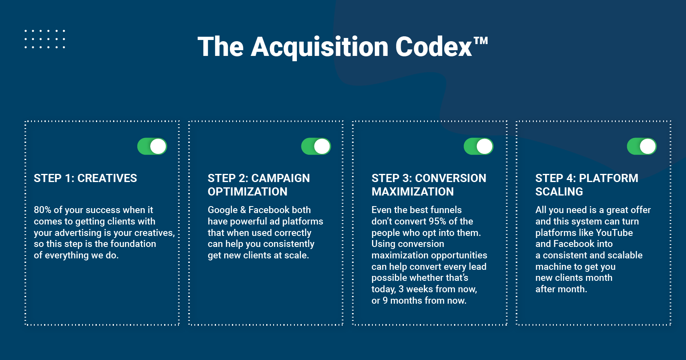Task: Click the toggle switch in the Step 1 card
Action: pyautogui.click(x=152, y=146)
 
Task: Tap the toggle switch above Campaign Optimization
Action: pyautogui.click(x=316, y=146)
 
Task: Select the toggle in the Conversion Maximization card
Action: pyautogui.click(x=479, y=146)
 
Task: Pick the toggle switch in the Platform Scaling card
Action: pyautogui.click(x=642, y=146)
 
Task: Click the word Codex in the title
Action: pyautogui.click(x=434, y=47)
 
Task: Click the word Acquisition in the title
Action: pyautogui.click(x=320, y=47)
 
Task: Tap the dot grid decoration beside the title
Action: pyautogui.click(x=45, y=39)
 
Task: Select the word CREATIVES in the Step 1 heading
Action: pyautogui.click(x=107, y=178)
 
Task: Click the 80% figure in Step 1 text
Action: pyautogui.click(x=42, y=210)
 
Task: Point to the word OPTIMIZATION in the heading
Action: pyautogui.click(x=247, y=192)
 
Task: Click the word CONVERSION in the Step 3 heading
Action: pyautogui.click(x=450, y=178)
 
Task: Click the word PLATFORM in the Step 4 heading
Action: pyautogui.click(x=608, y=178)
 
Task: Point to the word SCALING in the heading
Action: pyautogui.click(x=559, y=192)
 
